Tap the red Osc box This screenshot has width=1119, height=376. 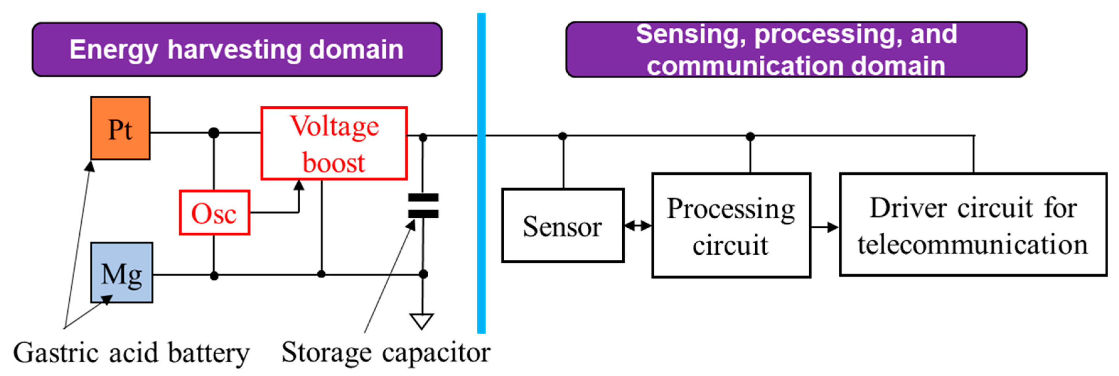coord(214,213)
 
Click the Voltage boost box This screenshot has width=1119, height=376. coord(334,143)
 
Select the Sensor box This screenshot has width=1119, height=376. coord(563,226)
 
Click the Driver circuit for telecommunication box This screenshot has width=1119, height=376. coord(973,225)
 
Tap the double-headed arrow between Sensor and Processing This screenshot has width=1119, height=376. coord(638,226)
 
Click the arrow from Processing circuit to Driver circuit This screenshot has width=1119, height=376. coord(824,227)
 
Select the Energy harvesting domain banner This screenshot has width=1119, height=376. coord(237,50)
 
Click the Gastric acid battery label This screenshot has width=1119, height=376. coord(131,352)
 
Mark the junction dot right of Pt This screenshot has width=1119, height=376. coord(214,133)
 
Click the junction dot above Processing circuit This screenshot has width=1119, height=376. coord(750,137)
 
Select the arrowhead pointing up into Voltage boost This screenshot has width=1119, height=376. coord(299,185)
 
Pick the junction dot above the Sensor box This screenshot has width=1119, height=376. coord(563,136)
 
